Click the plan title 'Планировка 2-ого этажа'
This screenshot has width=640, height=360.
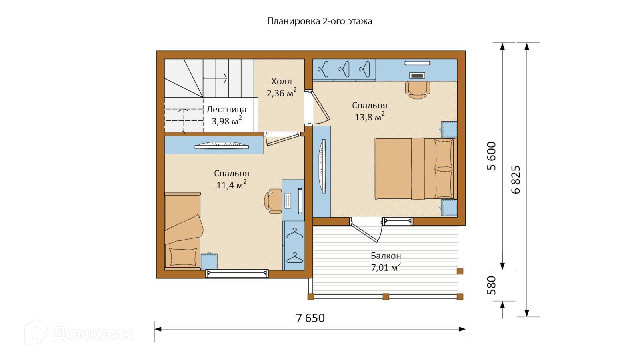320,22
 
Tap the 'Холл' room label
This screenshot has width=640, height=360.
282,82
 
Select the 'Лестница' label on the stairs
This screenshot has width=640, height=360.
226,109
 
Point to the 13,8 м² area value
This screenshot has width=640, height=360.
370,116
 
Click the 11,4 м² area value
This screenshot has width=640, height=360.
232,184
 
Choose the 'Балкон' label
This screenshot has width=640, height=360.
386,256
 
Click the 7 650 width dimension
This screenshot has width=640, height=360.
310,318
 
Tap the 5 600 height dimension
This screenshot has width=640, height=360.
492,156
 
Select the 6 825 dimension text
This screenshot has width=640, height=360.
516,180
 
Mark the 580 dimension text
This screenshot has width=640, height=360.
492,285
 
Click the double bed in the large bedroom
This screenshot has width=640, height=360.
416,168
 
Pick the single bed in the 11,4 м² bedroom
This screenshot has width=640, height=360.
183,231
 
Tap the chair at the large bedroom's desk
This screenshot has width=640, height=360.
418,90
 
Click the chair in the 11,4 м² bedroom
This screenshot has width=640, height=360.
274,201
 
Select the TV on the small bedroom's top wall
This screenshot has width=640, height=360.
222,146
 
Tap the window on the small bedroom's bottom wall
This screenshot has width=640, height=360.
237,274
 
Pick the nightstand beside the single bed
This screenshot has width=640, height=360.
209,261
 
